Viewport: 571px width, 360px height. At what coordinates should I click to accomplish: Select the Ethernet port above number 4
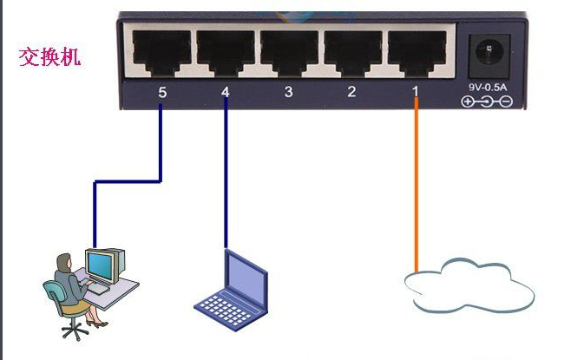coord(225,51)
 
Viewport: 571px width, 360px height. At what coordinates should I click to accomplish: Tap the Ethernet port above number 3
coord(289,51)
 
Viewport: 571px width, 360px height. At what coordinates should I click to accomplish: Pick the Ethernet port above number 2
coord(352,51)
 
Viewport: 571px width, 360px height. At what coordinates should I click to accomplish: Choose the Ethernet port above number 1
coord(417,51)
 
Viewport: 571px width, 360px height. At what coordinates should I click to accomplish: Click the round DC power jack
coord(486,53)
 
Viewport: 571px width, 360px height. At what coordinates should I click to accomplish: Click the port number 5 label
coord(161,91)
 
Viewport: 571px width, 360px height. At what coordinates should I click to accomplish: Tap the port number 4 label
coord(226,91)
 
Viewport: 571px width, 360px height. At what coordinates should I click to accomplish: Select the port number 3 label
coord(289,91)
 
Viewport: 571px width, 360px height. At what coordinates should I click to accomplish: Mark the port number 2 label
coord(351,91)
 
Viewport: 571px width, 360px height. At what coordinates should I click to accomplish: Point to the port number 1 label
coord(416,91)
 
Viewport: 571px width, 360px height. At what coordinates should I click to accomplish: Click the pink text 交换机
coord(50,57)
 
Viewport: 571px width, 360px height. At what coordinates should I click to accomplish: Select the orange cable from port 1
coord(417,191)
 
